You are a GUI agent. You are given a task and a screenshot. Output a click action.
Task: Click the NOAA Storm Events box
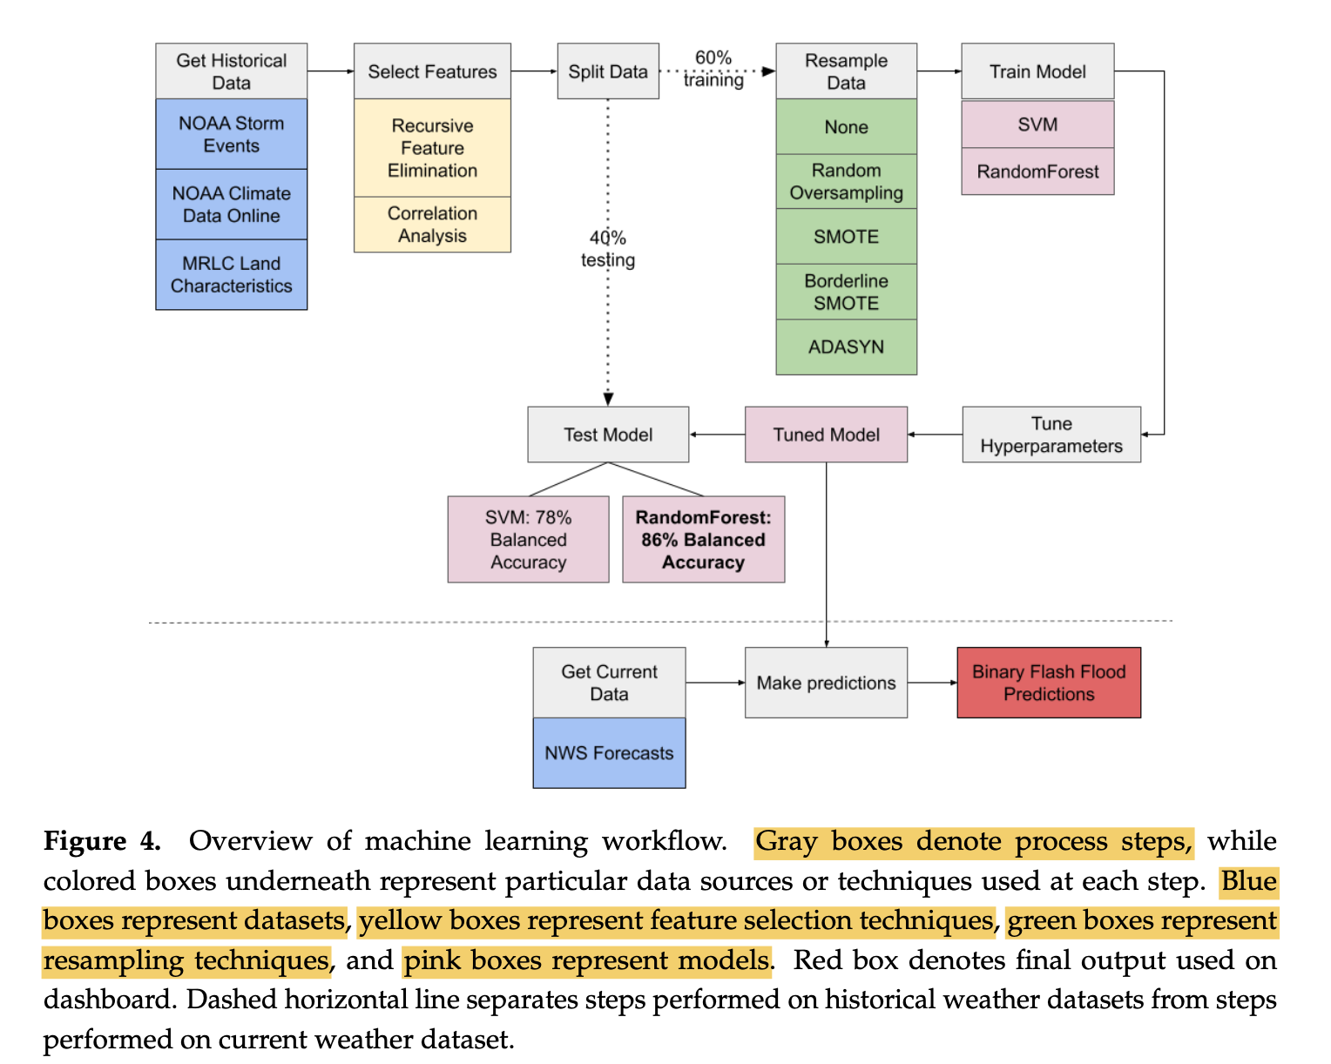click(231, 134)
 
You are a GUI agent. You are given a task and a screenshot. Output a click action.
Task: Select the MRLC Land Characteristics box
click(231, 274)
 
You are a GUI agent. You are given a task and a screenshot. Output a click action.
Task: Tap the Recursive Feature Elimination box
click(432, 148)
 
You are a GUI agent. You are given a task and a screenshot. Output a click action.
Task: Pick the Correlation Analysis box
click(432, 225)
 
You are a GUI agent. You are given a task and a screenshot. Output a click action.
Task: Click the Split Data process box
click(608, 71)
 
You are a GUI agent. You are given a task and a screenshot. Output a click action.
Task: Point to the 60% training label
click(713, 69)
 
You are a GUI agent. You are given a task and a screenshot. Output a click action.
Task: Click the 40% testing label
click(608, 249)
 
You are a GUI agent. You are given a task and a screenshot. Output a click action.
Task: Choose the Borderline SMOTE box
click(846, 292)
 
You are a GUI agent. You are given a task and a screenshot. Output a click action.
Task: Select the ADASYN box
click(846, 347)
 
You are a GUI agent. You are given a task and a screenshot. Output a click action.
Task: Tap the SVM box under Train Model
click(1037, 125)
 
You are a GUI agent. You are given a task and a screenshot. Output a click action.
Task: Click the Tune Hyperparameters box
click(1051, 434)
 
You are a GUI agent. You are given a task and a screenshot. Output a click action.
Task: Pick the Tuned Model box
click(826, 434)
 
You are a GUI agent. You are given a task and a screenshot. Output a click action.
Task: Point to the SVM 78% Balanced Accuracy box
click(528, 540)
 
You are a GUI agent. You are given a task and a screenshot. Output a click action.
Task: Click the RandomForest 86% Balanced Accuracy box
click(703, 540)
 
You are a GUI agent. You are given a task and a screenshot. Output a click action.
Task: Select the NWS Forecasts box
click(609, 753)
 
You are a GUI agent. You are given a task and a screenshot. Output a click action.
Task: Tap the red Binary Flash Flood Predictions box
click(1049, 683)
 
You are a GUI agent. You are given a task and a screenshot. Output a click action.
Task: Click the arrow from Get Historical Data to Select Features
click(330, 71)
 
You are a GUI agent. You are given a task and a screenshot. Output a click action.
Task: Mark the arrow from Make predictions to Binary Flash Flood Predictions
click(932, 683)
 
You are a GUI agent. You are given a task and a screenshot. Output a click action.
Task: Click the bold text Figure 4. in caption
click(102, 841)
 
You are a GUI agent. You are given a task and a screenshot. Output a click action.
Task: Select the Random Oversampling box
click(846, 181)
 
